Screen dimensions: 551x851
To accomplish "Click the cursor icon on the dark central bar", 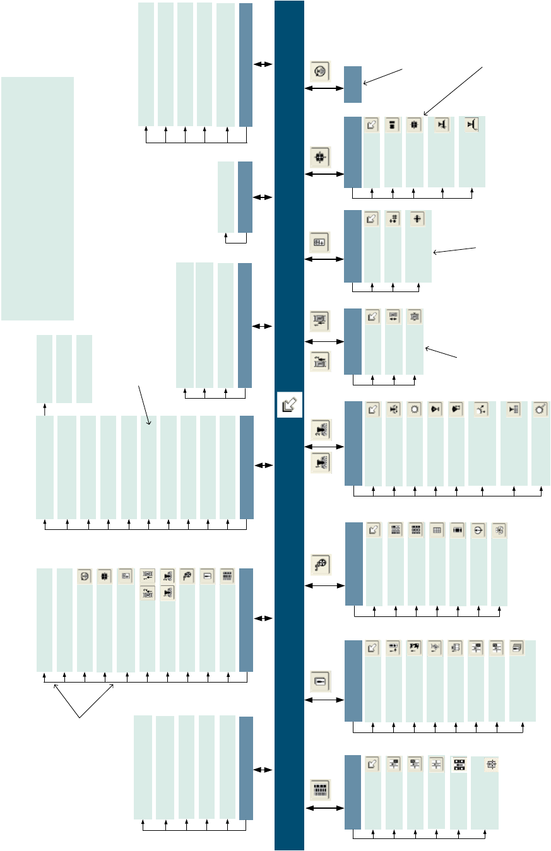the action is (x=290, y=404).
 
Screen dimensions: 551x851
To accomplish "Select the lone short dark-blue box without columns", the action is (x=353, y=85).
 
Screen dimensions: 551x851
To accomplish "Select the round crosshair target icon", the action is (x=479, y=531).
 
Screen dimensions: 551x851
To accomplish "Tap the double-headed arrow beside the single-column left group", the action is (x=263, y=198).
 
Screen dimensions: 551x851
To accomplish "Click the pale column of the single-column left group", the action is (x=226, y=197).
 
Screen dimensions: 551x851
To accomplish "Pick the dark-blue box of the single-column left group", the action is (x=245, y=197).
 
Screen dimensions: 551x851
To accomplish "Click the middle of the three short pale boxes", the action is (x=64, y=368).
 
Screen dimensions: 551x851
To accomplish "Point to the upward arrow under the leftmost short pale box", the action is (x=45, y=409).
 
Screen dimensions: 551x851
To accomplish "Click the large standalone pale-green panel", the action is (x=37, y=198).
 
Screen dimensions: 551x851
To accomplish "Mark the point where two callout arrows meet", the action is (x=80, y=717).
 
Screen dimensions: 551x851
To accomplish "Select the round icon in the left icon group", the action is (x=85, y=576).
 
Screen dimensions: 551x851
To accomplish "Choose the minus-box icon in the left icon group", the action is (x=207, y=576).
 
